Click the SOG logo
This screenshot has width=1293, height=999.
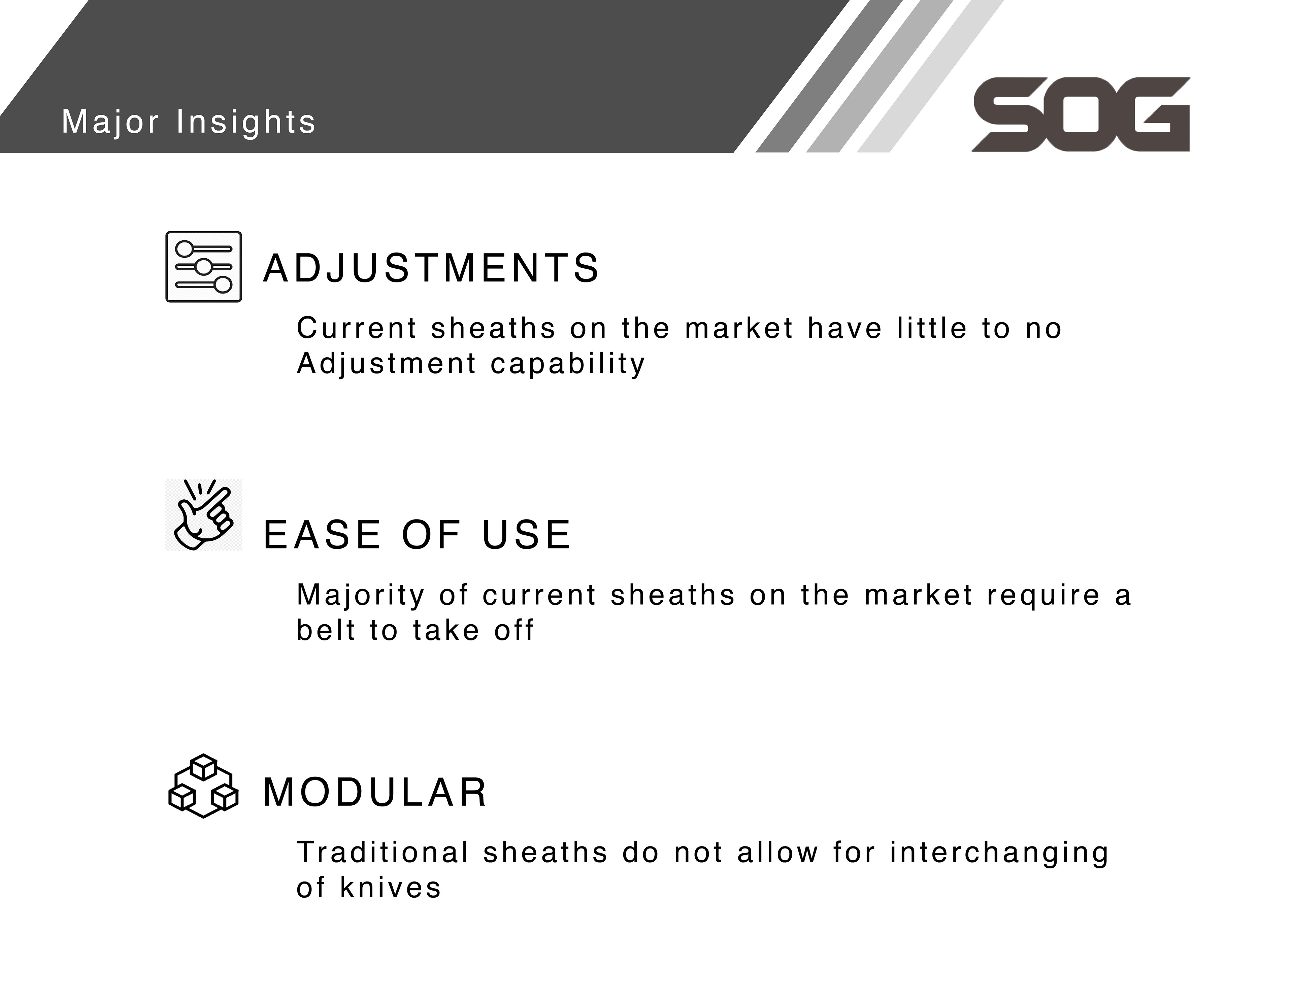1081,114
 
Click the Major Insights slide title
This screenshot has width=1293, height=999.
189,122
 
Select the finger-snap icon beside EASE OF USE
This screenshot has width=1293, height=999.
204,514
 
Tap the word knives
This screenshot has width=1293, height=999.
391,887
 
